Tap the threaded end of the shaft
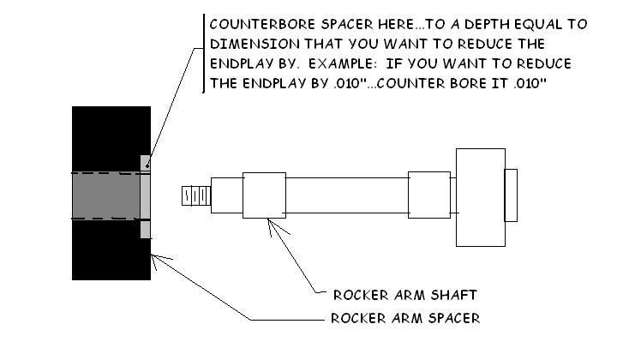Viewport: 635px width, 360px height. [195, 195]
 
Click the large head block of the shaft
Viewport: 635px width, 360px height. [480, 195]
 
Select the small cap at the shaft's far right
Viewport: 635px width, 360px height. [511, 195]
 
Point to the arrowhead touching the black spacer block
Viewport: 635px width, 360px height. [155, 257]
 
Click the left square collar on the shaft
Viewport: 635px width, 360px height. [264, 195]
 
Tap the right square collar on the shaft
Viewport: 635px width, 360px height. [428, 195]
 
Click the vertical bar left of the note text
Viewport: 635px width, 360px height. [203, 53]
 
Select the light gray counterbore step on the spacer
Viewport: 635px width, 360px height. [145, 196]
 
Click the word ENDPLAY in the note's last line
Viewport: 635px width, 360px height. [267, 84]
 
